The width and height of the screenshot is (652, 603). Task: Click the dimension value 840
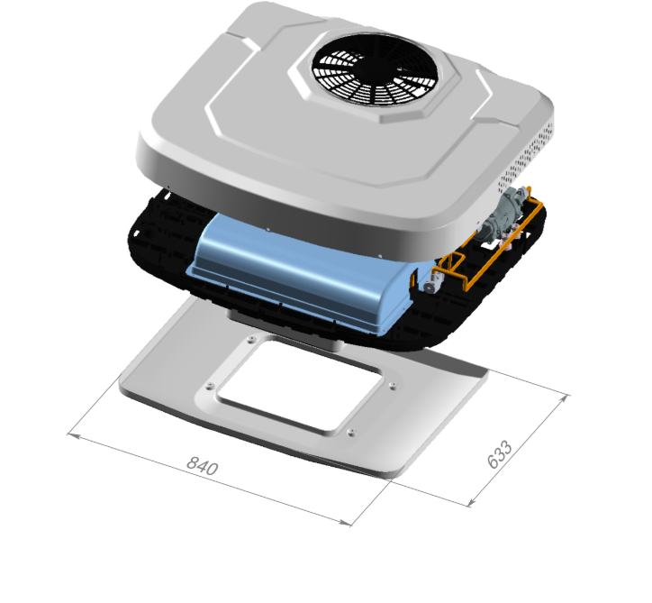click(x=202, y=466)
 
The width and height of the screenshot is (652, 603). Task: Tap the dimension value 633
click(x=500, y=454)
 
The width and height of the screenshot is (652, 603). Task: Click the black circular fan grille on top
click(x=375, y=69)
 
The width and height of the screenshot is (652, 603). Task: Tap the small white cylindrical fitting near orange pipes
click(x=430, y=285)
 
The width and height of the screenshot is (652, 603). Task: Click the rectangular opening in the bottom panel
click(x=299, y=385)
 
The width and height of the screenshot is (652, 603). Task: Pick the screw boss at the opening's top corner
click(x=250, y=340)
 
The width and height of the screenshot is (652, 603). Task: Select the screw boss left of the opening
click(x=210, y=387)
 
